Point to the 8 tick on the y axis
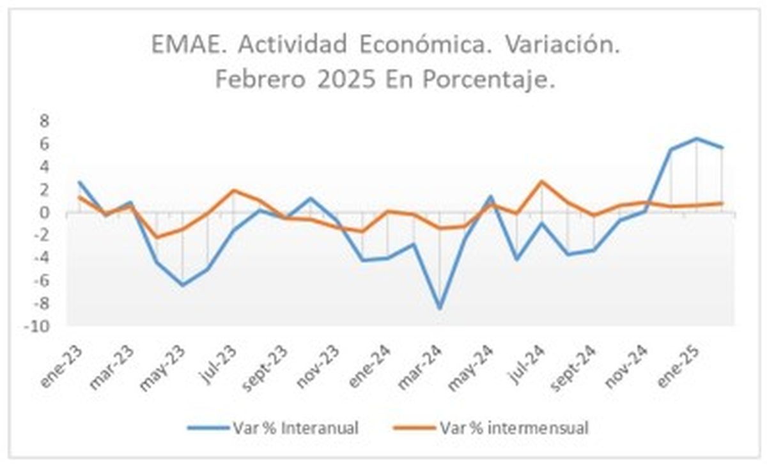[x=45, y=121]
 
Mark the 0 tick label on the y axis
[x=45, y=213]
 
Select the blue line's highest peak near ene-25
[x=697, y=139]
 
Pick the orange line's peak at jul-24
[x=543, y=181]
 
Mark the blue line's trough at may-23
[x=183, y=285]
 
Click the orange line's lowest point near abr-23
[x=157, y=237]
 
